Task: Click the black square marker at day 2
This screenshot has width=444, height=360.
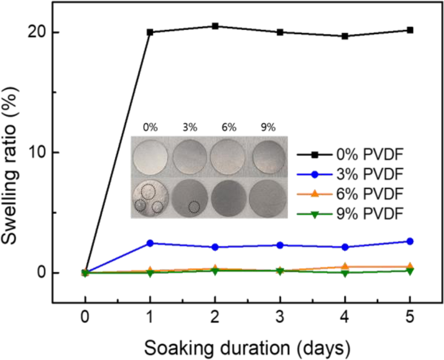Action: click(x=215, y=26)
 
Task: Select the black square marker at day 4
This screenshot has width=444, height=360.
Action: click(x=345, y=36)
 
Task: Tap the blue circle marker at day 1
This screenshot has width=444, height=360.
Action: click(x=150, y=243)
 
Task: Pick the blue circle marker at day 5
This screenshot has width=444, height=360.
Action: click(x=410, y=241)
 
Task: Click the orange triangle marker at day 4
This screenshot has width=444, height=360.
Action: click(x=345, y=266)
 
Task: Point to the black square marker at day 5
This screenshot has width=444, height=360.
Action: click(x=410, y=30)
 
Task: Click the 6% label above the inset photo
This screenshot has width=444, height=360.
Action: click(x=229, y=128)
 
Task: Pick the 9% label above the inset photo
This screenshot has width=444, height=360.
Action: click(x=268, y=128)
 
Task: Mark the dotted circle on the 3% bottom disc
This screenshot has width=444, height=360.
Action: click(x=194, y=207)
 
